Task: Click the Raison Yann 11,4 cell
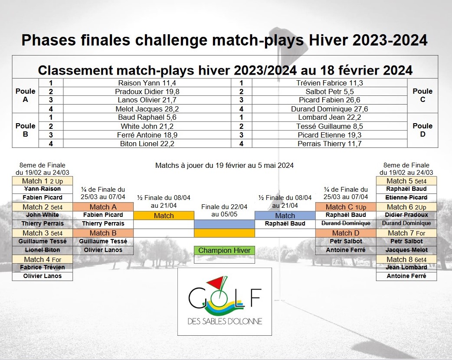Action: coord(147,83)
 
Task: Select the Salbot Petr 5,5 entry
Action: coord(330,92)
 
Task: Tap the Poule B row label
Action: coord(25,130)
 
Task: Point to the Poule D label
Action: coord(423,130)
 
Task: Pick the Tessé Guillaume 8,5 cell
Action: coord(330,126)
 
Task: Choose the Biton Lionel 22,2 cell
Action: coord(147,144)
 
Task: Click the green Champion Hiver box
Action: coord(224,250)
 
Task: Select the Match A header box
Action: coord(103,207)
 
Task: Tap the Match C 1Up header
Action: coord(346,207)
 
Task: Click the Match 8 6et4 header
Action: coord(406,259)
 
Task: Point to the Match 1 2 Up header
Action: coord(43,181)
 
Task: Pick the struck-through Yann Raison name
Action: coord(43,189)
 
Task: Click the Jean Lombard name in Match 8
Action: coord(406,267)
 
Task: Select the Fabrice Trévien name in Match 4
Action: coord(43,267)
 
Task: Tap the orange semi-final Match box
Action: coord(164,216)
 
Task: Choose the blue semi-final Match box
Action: coord(285,216)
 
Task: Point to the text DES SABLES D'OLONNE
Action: coord(225,321)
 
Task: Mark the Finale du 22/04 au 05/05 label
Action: coord(224,210)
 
